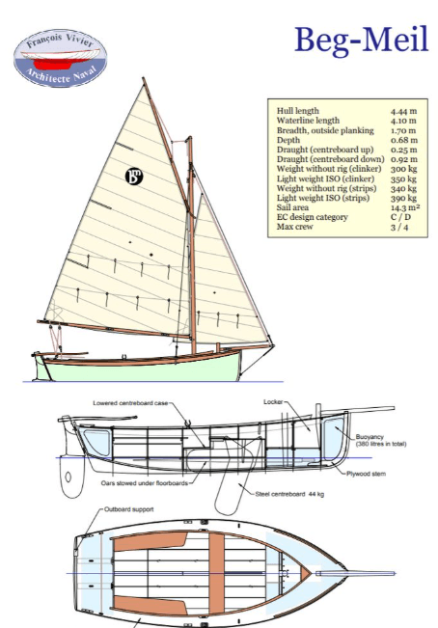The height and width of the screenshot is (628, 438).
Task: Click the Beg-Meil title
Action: coord(362,40)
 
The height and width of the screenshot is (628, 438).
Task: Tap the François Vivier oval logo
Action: coord(61,58)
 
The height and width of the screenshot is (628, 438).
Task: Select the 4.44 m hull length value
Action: coord(403,111)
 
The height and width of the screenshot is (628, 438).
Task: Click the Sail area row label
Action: coord(292,207)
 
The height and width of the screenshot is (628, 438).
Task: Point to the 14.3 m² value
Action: coord(405,207)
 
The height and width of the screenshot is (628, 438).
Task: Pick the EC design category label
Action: coord(312,217)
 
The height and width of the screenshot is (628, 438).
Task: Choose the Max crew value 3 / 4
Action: coord(399,227)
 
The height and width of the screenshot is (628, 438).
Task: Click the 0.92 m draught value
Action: coord(404,159)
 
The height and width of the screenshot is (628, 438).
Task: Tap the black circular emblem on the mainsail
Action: coord(134,177)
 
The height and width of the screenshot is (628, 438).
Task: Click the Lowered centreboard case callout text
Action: coord(130,403)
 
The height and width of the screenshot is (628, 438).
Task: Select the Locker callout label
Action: coord(273,401)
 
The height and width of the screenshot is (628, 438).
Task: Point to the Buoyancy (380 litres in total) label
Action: coord(381,440)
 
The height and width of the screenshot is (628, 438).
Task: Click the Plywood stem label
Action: coord(366,474)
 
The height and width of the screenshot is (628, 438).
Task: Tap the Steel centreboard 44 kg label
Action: coord(289,494)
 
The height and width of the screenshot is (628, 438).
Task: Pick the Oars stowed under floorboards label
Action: coord(144,483)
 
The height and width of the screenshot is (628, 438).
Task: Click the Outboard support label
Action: coord(129,509)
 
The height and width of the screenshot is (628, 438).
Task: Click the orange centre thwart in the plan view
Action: coord(217,573)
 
